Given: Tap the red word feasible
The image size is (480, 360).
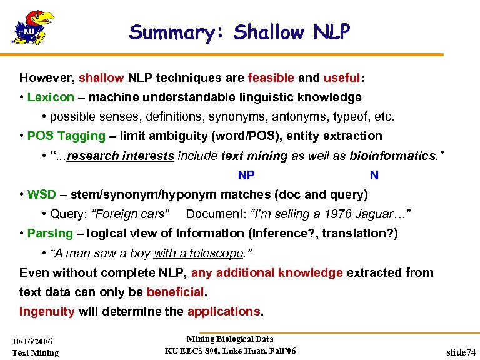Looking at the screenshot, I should pos(271,78).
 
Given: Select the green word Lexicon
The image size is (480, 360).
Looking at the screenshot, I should pos(51,97).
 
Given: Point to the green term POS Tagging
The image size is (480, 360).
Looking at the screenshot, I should pos(66,136).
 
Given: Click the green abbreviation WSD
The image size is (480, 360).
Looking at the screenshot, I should pos(42,194).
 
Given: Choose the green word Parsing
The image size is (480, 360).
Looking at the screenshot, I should pos(50,233).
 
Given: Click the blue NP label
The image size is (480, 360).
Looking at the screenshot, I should pos(246,176).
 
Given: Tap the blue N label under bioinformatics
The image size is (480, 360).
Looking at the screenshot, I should pos(374,176).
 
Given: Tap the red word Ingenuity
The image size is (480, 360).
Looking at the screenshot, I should pos(47,311).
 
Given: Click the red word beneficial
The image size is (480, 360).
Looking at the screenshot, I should pos(175,292).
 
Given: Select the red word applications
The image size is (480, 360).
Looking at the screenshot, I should pos(223,311).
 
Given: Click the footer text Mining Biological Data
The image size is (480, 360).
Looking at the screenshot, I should pos(230,339).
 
